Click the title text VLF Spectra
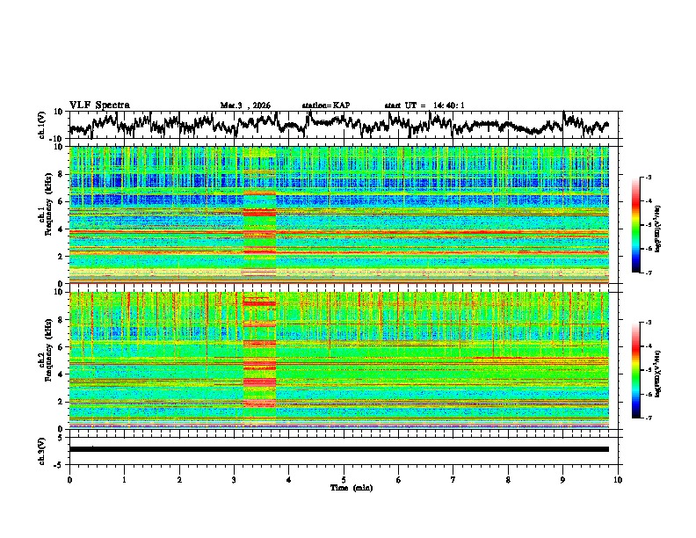(99, 105)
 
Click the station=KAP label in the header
(325, 105)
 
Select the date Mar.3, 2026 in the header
(246, 105)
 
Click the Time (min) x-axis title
(350, 487)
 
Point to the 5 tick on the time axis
(344, 479)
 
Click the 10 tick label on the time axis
(618, 479)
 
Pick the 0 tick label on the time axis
(69, 479)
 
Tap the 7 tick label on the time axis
(453, 479)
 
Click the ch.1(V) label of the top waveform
(42, 126)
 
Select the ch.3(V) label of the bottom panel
(42, 448)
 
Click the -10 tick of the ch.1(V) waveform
(55, 139)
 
